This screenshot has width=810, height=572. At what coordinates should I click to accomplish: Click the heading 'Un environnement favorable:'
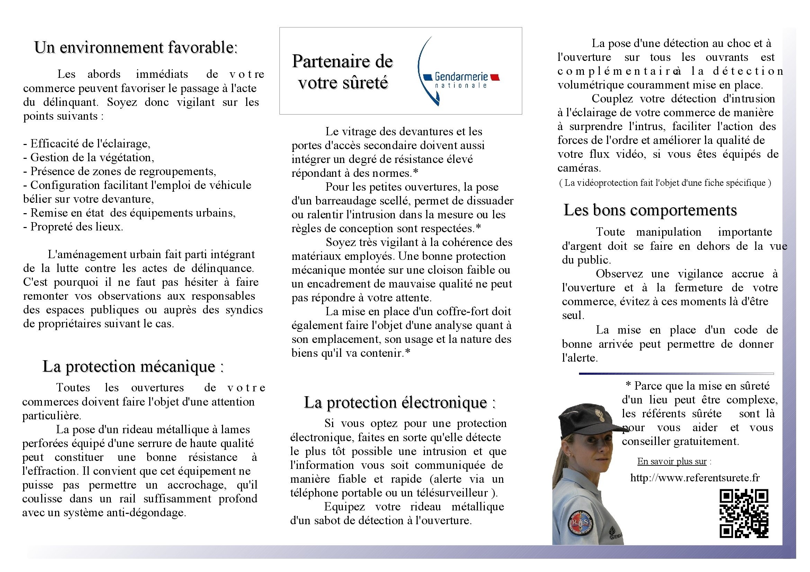point(136,47)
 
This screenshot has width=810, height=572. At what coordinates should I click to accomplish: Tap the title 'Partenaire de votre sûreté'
point(342,72)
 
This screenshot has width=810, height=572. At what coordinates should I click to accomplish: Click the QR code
point(744,513)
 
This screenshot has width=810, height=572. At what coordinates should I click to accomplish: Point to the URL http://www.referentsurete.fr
point(695,478)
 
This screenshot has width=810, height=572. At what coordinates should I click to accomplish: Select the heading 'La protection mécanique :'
point(133,366)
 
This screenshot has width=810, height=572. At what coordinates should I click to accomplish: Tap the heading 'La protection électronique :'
point(400,402)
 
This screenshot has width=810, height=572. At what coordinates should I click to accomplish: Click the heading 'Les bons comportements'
point(650,210)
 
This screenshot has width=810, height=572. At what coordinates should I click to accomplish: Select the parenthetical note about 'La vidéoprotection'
point(665,183)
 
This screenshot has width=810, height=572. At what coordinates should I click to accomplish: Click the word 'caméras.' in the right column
point(579,168)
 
